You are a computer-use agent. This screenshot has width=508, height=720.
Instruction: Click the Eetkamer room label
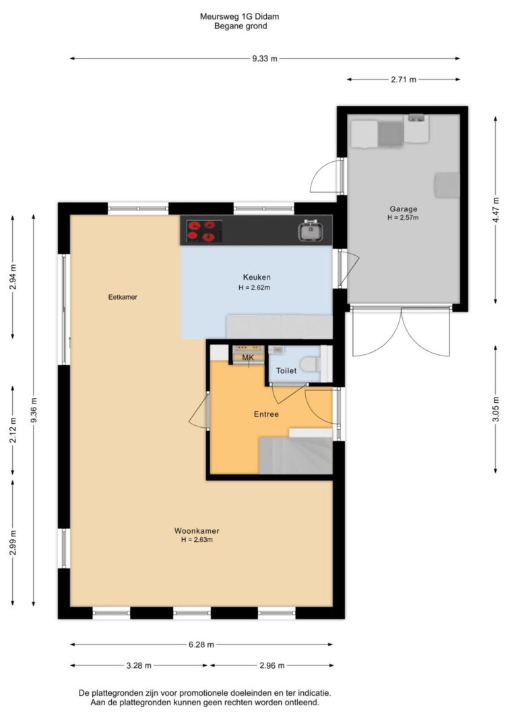123,297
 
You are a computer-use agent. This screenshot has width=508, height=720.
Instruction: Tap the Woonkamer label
197,531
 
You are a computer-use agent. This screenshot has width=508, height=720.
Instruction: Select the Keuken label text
257,277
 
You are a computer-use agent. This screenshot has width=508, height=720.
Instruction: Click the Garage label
404,209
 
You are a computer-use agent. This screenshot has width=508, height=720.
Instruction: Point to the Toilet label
286,370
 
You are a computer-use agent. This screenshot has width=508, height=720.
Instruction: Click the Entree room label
266,414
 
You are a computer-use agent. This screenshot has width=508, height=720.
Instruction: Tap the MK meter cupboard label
247,358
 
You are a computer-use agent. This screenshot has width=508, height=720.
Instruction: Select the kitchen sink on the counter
310,231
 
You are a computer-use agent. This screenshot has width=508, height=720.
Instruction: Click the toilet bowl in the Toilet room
311,364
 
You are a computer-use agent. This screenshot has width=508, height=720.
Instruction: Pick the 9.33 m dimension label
265,59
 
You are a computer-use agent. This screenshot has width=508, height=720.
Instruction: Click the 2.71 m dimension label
404,80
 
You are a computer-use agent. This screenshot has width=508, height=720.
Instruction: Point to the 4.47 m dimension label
495,210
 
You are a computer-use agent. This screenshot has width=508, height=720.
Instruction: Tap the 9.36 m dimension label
34,410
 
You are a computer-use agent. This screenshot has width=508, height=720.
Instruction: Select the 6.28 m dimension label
201,644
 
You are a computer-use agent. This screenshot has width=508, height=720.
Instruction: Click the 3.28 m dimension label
139,665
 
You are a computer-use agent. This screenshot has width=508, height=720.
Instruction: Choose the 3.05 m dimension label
495,409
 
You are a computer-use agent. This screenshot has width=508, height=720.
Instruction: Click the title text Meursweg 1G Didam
239,16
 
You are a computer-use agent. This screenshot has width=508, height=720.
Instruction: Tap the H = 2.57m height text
403,218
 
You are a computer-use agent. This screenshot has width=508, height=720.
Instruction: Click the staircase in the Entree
296,455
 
